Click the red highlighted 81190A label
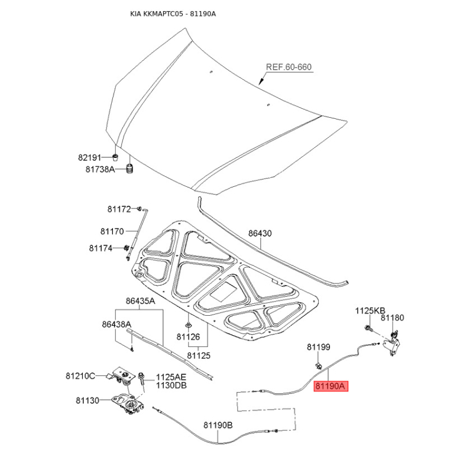pos(331,386)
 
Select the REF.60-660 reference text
pos(289,67)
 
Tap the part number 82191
pos(90,157)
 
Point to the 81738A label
pos(100,169)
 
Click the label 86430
pos(260,233)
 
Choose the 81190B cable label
pos(218,425)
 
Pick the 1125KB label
pos(370,311)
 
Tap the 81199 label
pos(319,347)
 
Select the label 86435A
pos(141,301)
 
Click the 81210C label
pos(80,376)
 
